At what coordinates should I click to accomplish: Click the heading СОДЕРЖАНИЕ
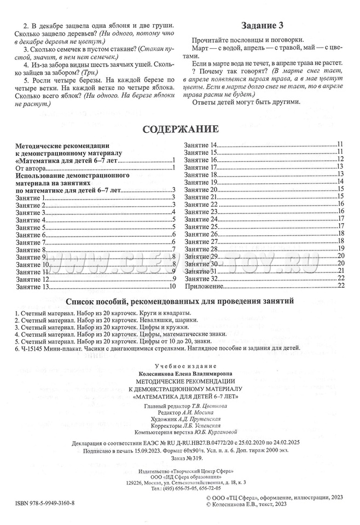[180, 130]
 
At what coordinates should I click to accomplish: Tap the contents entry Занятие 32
[201, 278]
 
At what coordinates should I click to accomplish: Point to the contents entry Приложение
[205, 286]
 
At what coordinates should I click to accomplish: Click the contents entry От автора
[32, 168]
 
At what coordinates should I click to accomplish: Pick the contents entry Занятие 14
[201, 144]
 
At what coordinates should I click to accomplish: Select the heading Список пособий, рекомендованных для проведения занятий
[179, 301]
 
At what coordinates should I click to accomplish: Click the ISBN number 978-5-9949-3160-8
[49, 503]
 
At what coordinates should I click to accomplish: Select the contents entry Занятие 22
[201, 203]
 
